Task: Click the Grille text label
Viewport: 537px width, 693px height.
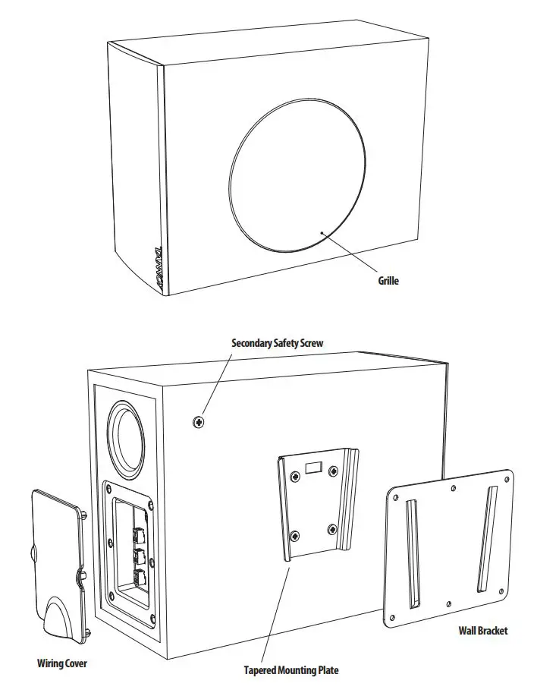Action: (x=388, y=281)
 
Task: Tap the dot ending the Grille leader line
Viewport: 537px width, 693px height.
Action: (x=323, y=232)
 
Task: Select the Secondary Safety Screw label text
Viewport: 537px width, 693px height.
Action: (x=277, y=343)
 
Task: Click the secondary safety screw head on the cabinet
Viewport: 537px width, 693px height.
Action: (x=199, y=421)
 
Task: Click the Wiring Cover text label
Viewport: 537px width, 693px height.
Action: (x=62, y=663)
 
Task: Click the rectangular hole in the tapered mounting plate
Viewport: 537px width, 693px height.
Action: (x=312, y=464)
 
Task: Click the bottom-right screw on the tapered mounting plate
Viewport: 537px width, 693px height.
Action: (x=331, y=528)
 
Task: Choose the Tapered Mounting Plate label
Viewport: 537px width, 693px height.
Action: (x=290, y=670)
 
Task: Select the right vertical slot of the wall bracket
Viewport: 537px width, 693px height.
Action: (x=485, y=540)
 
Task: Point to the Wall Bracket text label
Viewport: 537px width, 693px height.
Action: (x=483, y=630)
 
